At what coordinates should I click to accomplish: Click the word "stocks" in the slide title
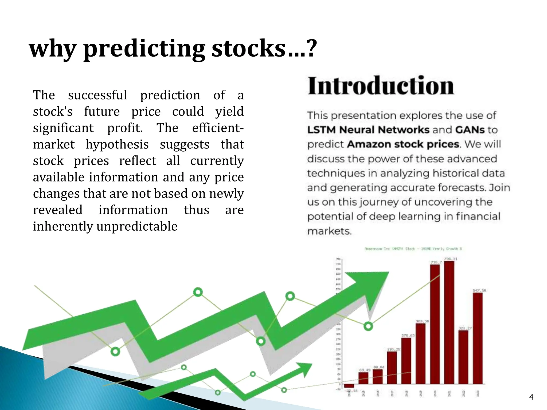[249, 49]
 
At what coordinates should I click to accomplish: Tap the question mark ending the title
[311, 49]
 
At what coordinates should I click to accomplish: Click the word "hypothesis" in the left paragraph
[117, 145]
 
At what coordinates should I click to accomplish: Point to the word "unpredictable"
[137, 226]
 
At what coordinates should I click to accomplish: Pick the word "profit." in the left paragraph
[125, 128]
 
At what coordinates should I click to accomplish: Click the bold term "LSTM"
[322, 130]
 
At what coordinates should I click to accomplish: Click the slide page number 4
[531, 397]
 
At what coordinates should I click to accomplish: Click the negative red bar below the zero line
[349, 386]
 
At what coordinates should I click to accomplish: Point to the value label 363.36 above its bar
[422, 321]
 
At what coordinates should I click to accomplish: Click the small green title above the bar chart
[413, 249]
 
